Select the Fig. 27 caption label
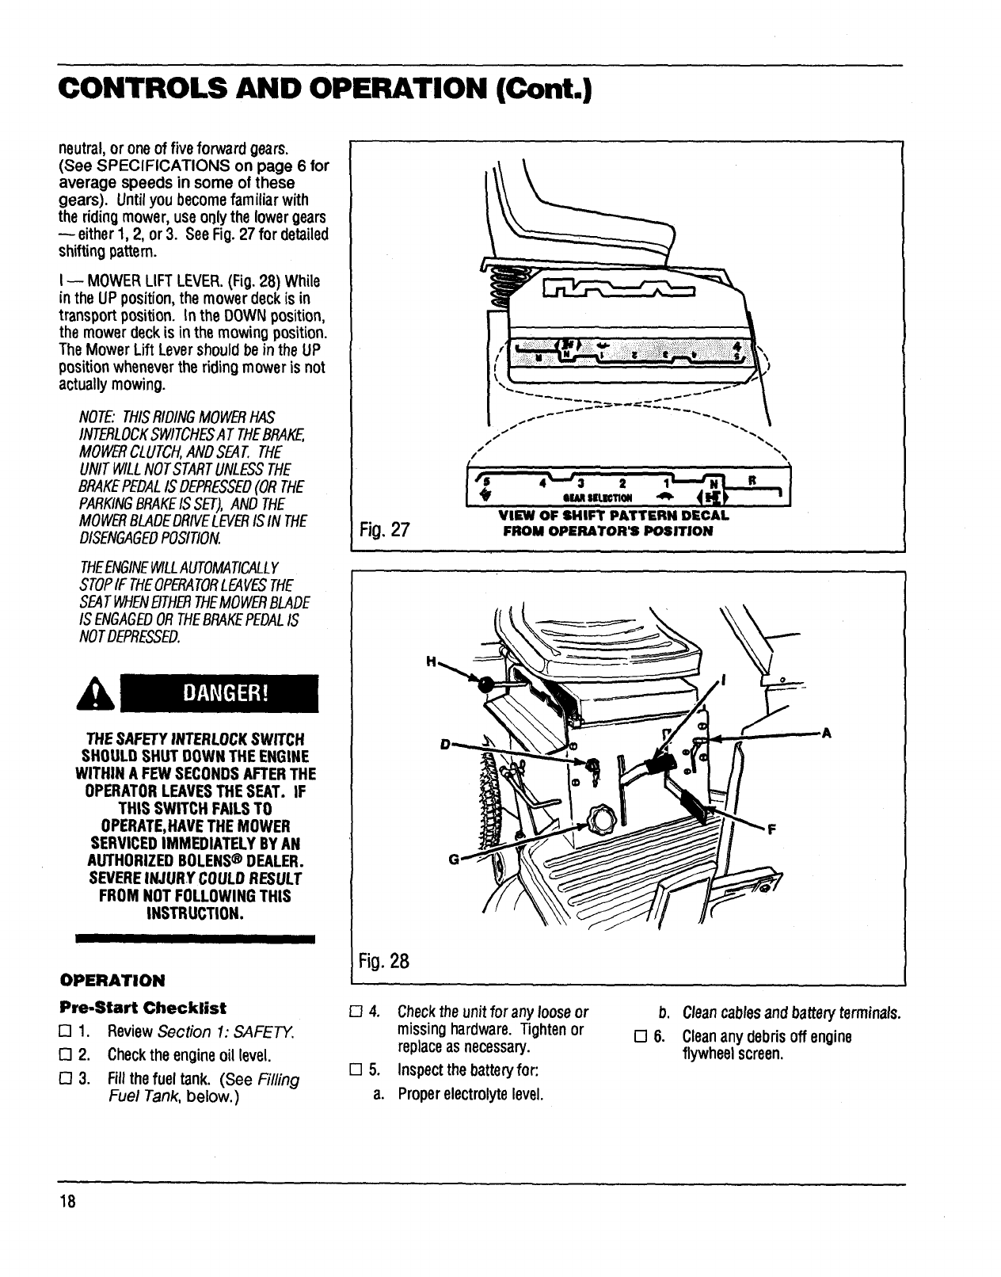(x=383, y=530)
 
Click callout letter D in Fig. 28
(x=445, y=745)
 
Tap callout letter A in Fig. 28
(x=826, y=733)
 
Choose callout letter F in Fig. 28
(x=770, y=830)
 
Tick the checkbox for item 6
(x=639, y=1037)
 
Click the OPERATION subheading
(x=112, y=981)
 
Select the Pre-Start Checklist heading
(x=143, y=1008)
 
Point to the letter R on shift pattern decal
(x=752, y=480)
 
